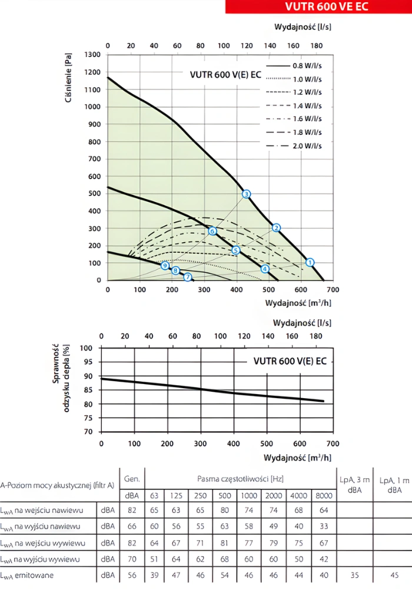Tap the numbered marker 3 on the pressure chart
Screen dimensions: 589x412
[246, 194]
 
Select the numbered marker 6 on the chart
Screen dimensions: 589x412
[212, 231]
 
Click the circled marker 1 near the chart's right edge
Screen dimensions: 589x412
[310, 262]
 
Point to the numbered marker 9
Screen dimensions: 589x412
[165, 266]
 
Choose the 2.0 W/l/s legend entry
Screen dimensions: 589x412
[294, 145]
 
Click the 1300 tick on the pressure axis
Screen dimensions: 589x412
[92, 55]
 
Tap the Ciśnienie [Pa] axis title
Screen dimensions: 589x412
[69, 78]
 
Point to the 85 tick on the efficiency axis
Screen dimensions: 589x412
[87, 390]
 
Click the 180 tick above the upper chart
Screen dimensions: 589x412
[316, 45]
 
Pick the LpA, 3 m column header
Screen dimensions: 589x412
[354, 485]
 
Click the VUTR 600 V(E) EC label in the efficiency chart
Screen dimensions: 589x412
[290, 360]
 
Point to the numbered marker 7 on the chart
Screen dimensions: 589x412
[187, 277]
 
